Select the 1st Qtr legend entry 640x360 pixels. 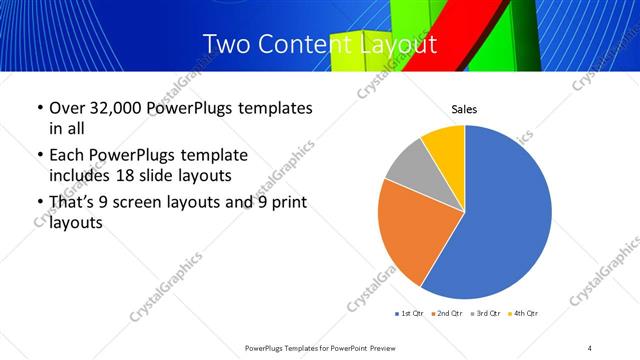point(412,314)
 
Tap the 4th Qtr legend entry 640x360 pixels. point(525,314)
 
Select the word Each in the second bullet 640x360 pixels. point(67,155)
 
